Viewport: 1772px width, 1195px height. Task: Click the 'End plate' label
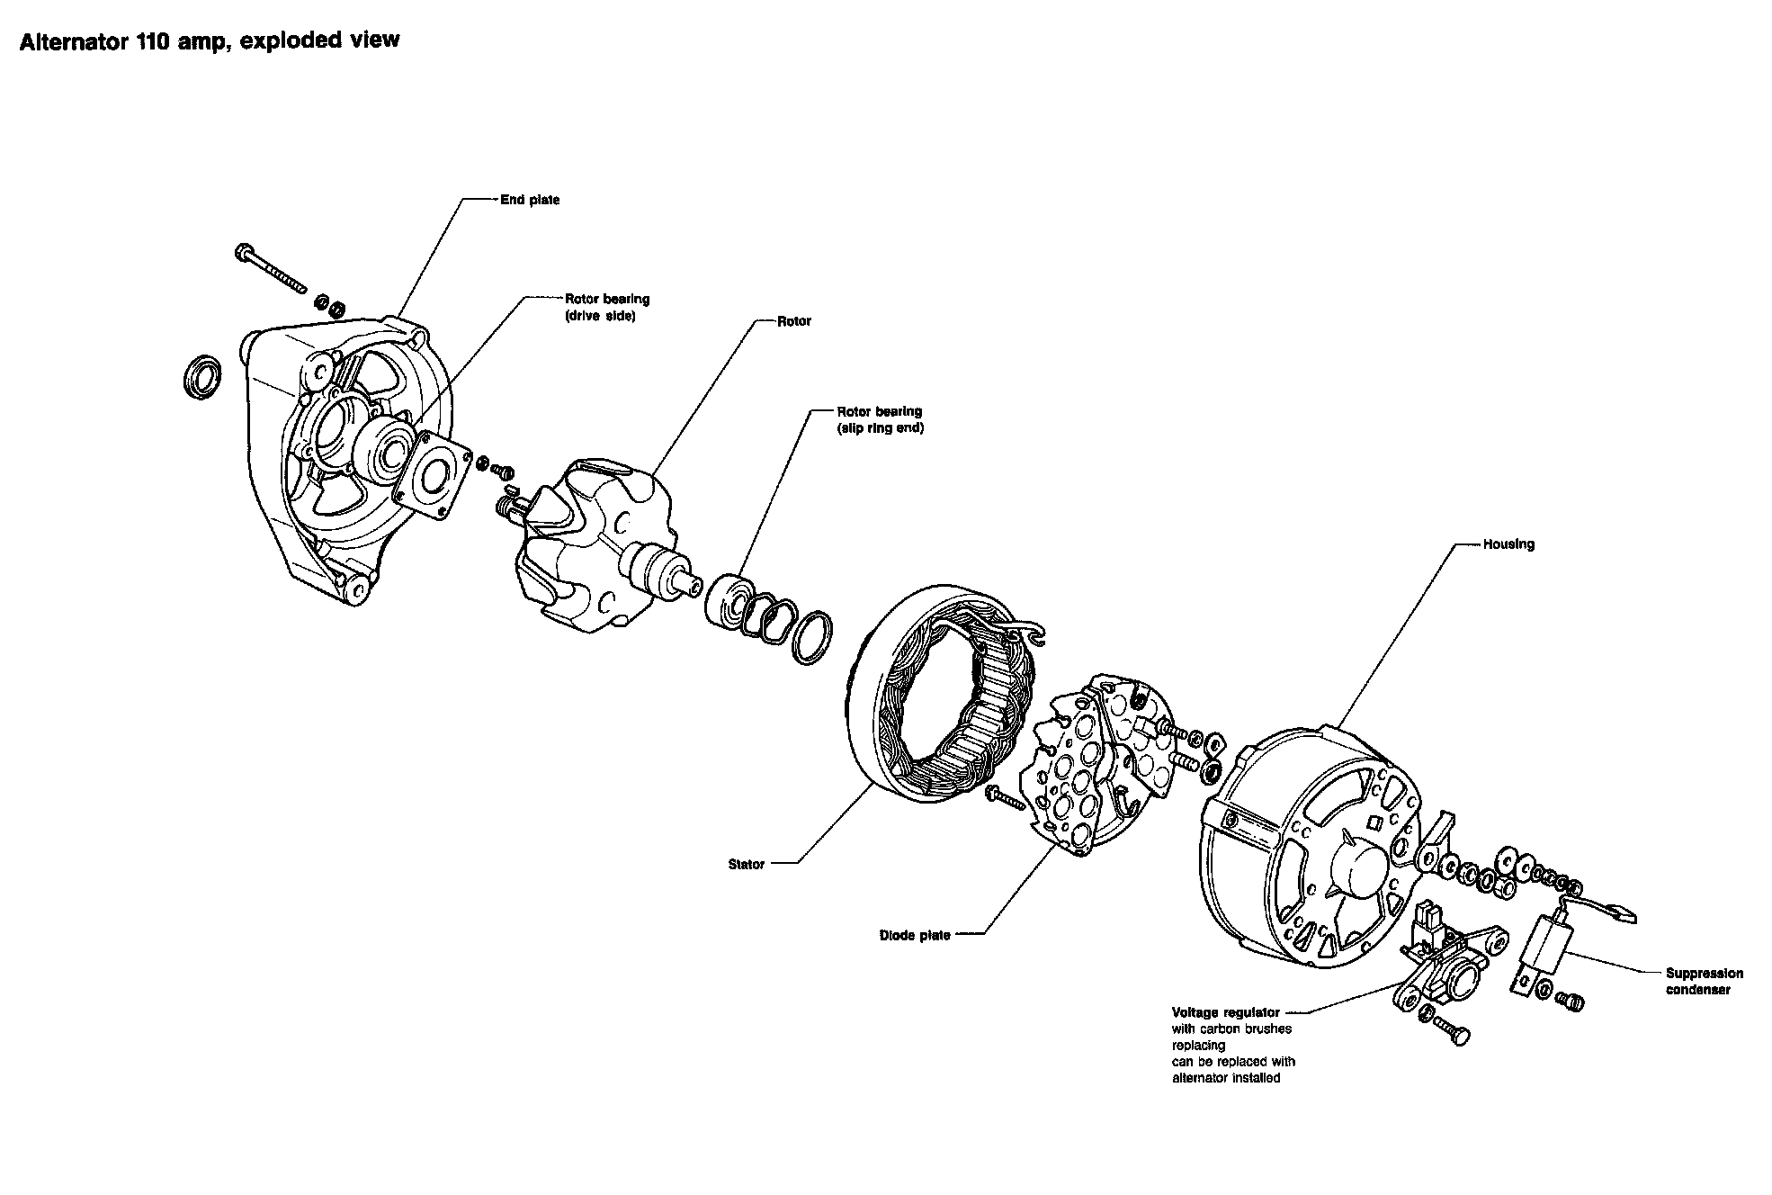[530, 200]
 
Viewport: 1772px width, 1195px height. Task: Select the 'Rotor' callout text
[794, 321]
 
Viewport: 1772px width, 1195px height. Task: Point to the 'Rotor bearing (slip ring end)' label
[880, 419]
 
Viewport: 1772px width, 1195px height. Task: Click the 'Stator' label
[746, 865]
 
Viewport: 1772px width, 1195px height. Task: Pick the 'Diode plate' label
[914, 936]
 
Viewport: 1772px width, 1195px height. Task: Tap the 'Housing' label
[1508, 544]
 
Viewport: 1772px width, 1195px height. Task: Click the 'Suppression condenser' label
[1704, 981]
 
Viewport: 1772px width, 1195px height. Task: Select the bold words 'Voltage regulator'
[1225, 1012]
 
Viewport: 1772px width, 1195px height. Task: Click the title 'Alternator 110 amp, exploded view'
[210, 41]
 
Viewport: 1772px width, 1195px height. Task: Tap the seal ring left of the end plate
[203, 377]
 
